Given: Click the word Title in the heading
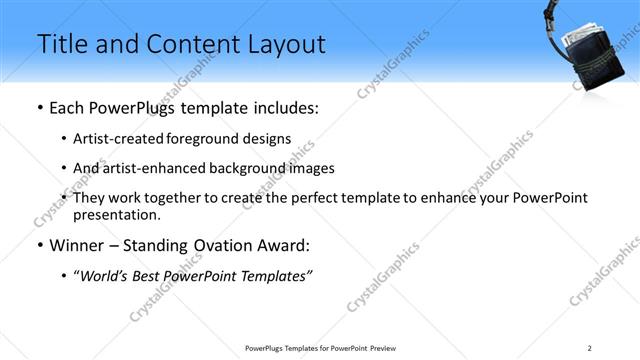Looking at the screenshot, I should [59, 44].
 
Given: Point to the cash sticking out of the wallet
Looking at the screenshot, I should [586, 37].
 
